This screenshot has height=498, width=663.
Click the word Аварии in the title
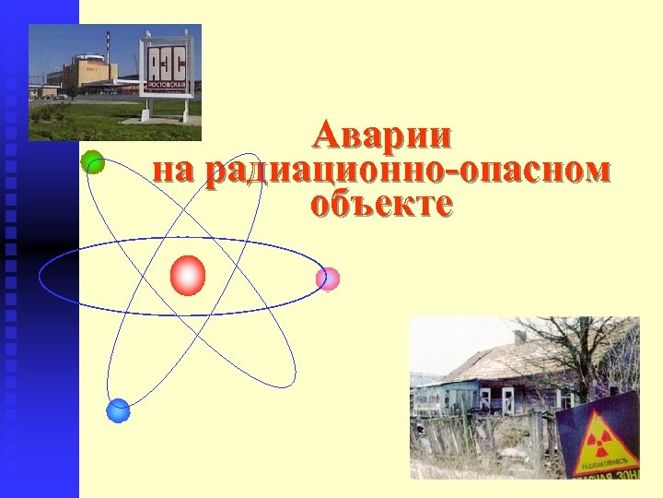point(381,136)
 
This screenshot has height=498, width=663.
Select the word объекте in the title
point(381,204)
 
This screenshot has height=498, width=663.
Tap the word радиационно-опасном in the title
point(407,171)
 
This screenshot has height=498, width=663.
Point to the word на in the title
point(176,171)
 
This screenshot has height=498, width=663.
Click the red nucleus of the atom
point(188,275)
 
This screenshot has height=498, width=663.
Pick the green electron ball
point(92,161)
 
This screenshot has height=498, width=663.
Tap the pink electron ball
point(327,279)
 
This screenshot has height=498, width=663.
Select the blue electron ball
point(118,410)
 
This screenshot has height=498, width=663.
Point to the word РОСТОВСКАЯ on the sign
point(167,85)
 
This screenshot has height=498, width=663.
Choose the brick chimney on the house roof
point(520,337)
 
